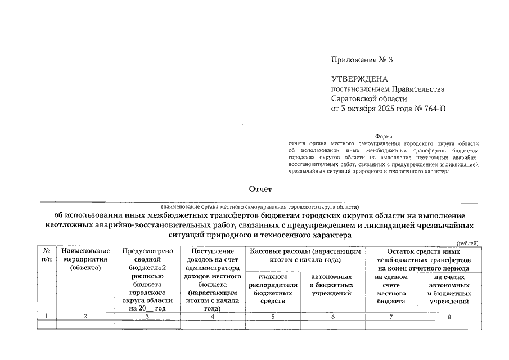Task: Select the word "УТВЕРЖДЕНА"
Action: click(359, 79)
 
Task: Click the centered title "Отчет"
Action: click(260, 190)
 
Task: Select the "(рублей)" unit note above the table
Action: click(467, 243)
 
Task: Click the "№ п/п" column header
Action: click(46, 255)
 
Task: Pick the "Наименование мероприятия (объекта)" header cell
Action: click(85, 259)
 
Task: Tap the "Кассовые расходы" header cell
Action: click(305, 255)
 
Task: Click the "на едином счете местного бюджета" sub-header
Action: click(391, 289)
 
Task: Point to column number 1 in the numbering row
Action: click(46, 317)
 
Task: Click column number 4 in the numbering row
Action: click(212, 317)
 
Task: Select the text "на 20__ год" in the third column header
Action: click(147, 308)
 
